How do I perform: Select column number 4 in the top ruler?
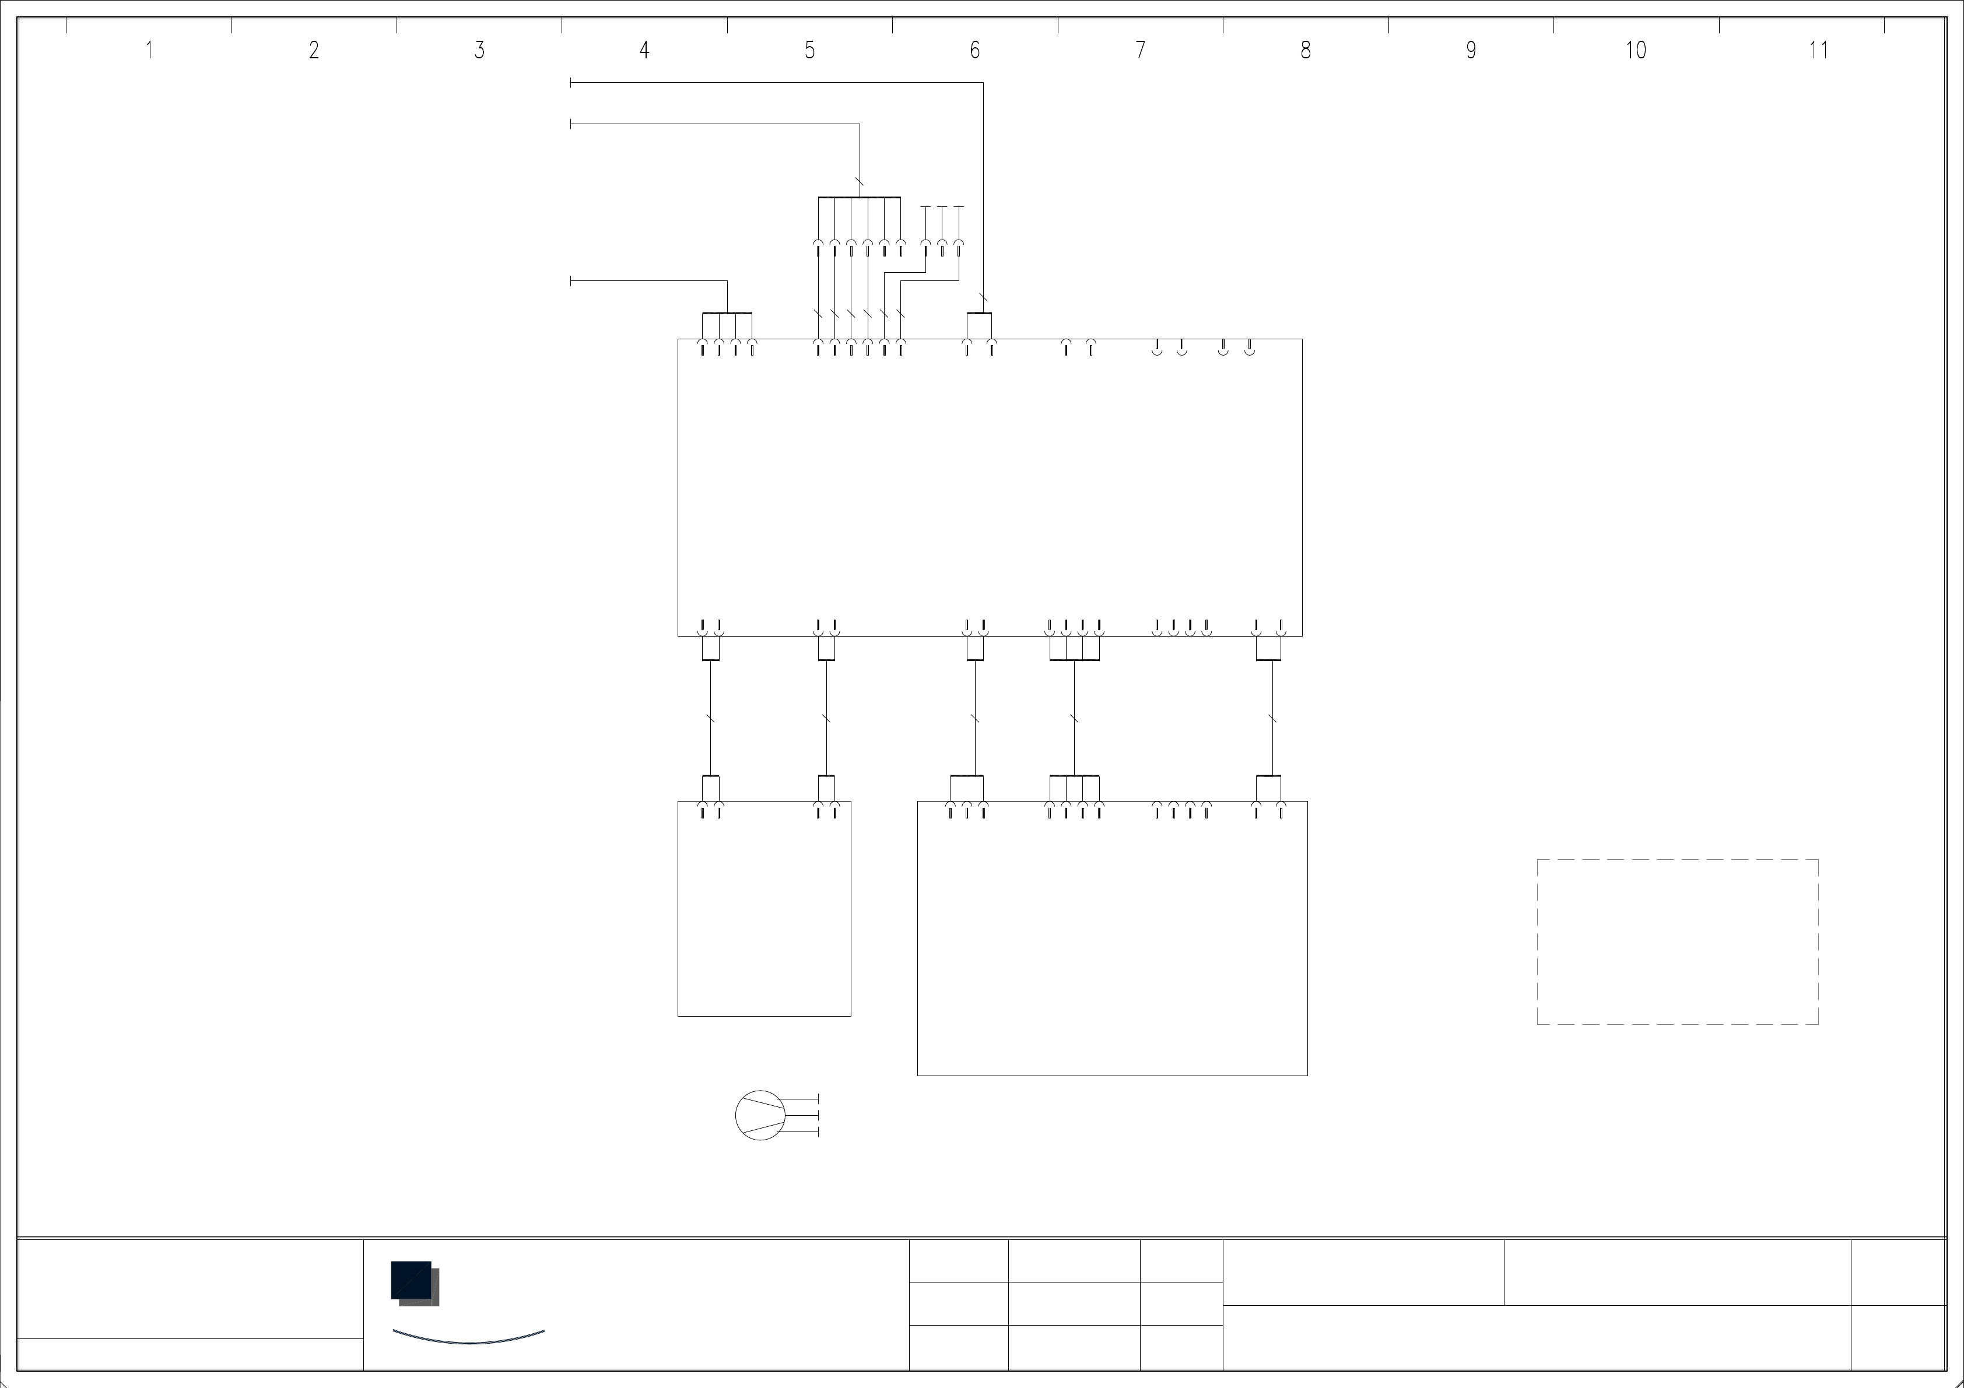644,51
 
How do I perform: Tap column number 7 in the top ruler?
1140,51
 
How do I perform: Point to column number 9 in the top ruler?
1471,51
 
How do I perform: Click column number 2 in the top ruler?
314,51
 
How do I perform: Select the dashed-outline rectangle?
1678,941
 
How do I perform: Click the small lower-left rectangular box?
764,908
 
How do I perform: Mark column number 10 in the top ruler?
1636,51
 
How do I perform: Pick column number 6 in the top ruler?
974,51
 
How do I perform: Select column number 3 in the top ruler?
479,51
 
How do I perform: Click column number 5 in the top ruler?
809,51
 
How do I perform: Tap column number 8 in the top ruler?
1305,51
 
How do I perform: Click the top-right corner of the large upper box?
1302,339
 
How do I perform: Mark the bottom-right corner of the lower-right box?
1307,1075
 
